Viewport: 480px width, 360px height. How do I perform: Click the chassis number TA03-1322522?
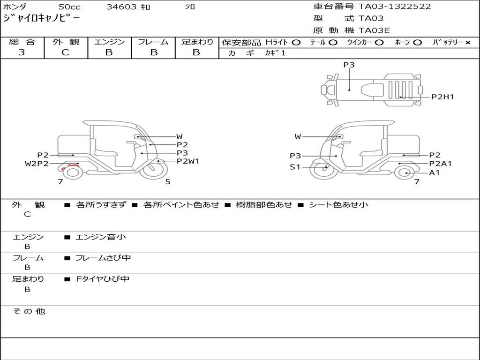[x=395, y=7]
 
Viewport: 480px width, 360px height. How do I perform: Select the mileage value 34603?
[x=121, y=7]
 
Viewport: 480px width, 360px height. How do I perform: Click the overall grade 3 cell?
[x=22, y=52]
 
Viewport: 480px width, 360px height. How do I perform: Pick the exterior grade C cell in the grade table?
[x=66, y=52]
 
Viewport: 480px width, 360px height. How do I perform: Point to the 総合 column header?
[x=22, y=42]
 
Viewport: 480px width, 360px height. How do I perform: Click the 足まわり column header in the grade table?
[x=197, y=42]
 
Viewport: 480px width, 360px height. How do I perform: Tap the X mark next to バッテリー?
[x=467, y=43]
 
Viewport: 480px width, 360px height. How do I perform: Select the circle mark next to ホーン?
[x=418, y=43]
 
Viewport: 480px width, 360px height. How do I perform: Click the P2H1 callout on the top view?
[x=442, y=97]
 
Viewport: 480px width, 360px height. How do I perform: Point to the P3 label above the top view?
[x=349, y=65]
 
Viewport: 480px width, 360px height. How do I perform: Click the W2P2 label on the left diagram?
[x=37, y=164]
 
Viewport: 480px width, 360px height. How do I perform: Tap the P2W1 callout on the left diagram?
[x=188, y=161]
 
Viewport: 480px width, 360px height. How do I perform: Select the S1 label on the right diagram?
[x=295, y=167]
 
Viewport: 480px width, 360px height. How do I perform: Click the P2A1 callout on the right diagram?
[x=440, y=164]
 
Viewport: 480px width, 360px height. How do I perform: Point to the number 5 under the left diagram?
[x=168, y=182]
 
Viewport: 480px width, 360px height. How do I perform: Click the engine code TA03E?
[x=374, y=31]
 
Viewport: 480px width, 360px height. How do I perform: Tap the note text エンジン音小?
[x=101, y=237]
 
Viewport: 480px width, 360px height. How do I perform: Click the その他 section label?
[x=29, y=311]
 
